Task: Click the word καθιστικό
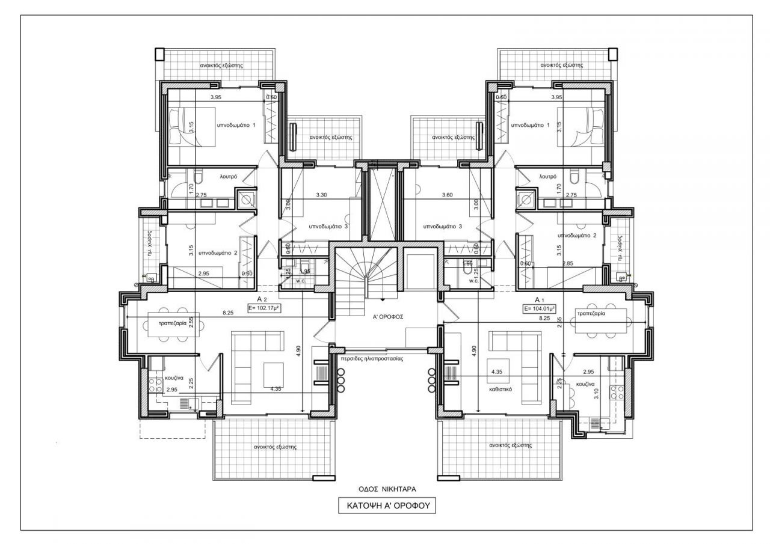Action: [500, 389]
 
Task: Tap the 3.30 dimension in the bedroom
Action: [322, 195]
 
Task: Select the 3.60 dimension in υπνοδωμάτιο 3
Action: [447, 195]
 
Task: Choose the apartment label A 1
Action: [539, 299]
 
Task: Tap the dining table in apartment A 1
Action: [602, 321]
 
